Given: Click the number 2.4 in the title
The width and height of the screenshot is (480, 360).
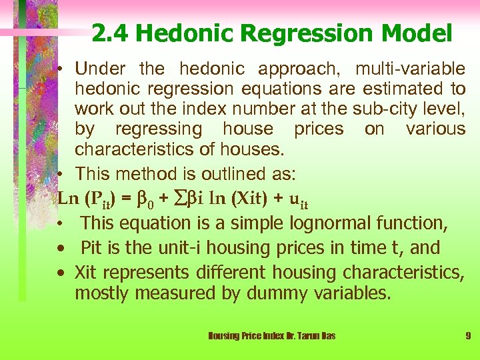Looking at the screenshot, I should tap(108, 33).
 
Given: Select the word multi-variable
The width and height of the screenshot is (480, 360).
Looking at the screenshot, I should tap(411, 69).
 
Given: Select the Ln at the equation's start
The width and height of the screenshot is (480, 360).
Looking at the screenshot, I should tap(67, 199).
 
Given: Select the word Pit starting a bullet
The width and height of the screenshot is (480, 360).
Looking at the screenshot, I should tap(91, 248).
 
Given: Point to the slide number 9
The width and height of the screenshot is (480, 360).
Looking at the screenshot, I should tap(468, 336).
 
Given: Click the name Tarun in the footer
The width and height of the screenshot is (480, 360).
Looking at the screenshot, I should tap(307, 336).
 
